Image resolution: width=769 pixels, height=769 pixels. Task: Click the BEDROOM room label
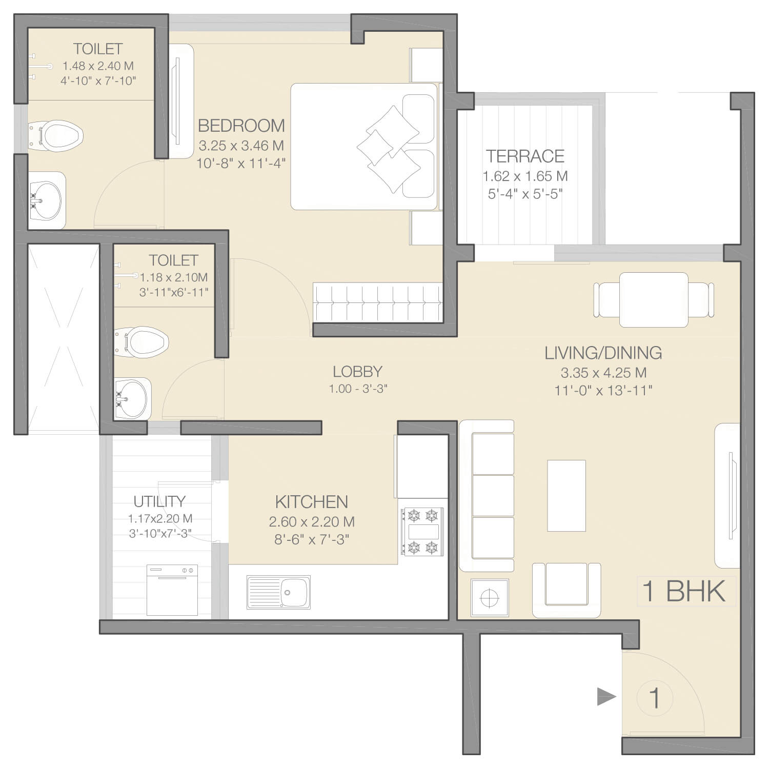(241, 126)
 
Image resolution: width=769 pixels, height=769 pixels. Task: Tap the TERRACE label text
(525, 156)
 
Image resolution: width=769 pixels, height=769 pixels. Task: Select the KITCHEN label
(312, 501)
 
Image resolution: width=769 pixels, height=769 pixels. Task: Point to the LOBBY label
(357, 371)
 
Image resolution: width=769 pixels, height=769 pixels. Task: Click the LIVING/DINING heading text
(603, 353)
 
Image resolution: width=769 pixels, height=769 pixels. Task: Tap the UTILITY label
(159, 501)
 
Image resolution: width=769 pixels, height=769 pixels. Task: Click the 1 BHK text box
(686, 591)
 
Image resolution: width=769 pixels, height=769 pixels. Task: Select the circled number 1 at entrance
(654, 698)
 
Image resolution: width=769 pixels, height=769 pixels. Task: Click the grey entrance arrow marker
(606, 697)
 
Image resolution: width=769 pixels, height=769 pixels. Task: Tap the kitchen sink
(278, 592)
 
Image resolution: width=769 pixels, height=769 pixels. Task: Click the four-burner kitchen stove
(422, 531)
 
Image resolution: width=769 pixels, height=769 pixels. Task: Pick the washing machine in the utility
(172, 590)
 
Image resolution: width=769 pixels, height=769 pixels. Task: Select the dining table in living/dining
(654, 300)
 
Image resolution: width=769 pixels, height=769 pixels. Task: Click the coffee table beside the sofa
(566, 496)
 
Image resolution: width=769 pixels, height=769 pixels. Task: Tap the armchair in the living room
(566, 590)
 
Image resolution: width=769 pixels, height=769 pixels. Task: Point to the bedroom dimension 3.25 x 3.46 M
(241, 146)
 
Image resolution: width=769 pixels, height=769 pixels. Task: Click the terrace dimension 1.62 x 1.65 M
(525, 176)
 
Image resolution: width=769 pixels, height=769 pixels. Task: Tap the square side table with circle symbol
(490, 597)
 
